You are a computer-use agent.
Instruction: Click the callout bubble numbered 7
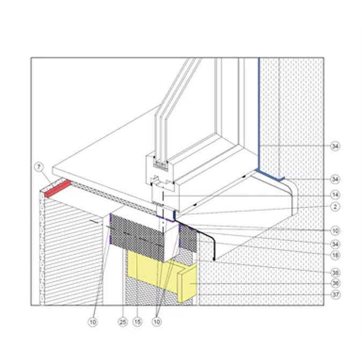click(x=39, y=167)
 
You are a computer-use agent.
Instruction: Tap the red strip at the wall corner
click(x=58, y=189)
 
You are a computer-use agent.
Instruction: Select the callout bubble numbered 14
click(x=335, y=195)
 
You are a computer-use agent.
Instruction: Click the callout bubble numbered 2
click(x=335, y=206)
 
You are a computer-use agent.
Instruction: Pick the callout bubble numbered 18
click(x=335, y=255)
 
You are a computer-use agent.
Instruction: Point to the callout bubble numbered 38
click(x=335, y=272)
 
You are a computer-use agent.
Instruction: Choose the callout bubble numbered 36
click(x=335, y=283)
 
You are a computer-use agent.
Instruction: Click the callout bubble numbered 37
click(x=335, y=294)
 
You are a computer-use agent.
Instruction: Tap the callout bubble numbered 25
click(x=123, y=322)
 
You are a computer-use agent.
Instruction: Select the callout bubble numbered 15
click(x=137, y=322)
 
